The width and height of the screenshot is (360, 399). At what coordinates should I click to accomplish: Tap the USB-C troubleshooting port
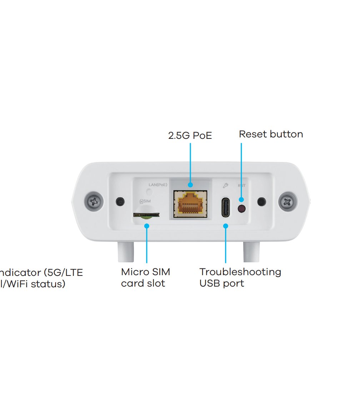point(225,207)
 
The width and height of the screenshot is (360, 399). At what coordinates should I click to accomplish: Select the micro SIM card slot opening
point(146,215)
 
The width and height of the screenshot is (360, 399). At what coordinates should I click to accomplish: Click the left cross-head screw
point(94,202)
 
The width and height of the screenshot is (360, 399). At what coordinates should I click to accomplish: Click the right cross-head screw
point(287,202)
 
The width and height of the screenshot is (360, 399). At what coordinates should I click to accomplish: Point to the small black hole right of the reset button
point(262,202)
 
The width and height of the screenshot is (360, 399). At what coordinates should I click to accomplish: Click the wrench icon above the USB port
point(225,185)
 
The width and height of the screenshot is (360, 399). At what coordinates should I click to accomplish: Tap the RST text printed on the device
point(242,186)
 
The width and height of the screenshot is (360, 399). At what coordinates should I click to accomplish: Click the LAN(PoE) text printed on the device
point(158,185)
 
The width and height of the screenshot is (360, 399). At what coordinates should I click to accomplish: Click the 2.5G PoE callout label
point(190,136)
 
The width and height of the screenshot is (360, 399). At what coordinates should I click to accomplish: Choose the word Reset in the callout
point(252,134)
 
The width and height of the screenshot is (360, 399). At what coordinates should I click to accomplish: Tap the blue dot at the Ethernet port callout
point(190,185)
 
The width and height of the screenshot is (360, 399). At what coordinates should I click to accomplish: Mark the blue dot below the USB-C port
point(226,226)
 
